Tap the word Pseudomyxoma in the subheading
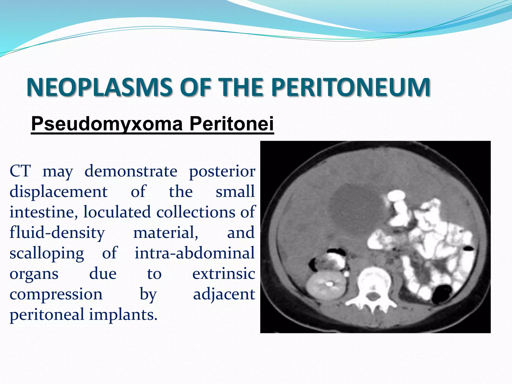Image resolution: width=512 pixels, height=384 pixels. click(107, 124)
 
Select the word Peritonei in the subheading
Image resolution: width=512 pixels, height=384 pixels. click(231, 124)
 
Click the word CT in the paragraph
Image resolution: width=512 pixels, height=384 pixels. click(20, 171)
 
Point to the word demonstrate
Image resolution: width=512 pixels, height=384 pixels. click(131, 171)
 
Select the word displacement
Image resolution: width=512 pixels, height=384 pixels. click(58, 192)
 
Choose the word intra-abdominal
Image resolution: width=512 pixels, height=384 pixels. click(194, 253)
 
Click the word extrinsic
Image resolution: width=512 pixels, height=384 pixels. click(223, 273)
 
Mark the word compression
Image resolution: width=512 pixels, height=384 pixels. click(56, 294)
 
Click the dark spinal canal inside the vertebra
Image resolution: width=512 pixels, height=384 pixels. click(372, 297)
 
